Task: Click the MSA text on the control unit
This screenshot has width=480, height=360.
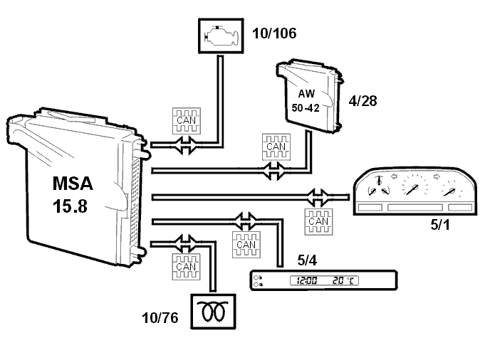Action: point(73,184)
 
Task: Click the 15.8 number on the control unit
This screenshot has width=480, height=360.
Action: point(70,206)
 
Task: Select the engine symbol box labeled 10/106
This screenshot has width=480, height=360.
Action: point(221,36)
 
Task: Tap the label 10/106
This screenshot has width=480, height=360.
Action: point(274,33)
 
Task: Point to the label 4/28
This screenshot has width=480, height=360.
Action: point(362,100)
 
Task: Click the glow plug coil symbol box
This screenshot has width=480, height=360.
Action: point(213,312)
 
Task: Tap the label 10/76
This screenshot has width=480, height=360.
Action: point(160,318)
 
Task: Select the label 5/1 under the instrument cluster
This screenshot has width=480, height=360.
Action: point(440,225)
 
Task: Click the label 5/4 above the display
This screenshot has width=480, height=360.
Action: point(307,260)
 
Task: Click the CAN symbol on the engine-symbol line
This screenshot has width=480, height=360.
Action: point(187,121)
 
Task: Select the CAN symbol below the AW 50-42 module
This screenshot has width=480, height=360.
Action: point(276,147)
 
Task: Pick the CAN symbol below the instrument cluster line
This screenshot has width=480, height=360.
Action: point(318,222)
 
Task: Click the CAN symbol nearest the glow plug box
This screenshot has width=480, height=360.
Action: point(186,267)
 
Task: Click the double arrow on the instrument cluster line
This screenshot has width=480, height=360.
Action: point(318,197)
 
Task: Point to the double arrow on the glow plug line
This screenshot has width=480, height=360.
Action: point(184,243)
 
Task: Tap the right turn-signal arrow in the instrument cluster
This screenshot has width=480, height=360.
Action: point(437,176)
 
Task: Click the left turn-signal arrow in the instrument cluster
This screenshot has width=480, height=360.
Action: point(395,176)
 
